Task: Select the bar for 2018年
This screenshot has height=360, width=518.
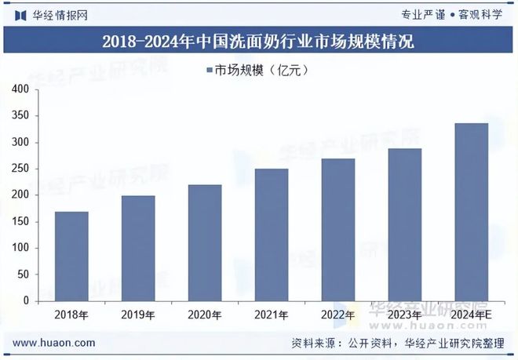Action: pos(71,256)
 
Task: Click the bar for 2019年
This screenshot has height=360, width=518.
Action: pos(138,248)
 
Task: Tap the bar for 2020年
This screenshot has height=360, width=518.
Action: pos(205,242)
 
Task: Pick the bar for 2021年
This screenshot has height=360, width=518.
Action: pos(272,235)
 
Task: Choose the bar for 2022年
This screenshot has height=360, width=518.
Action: pos(338,229)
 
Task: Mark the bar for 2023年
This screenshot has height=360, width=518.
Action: pos(405,224)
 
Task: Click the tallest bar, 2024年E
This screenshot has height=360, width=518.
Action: pos(472,212)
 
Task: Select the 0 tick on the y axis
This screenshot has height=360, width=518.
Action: pos(26,300)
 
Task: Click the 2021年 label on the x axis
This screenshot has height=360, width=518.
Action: pos(271,315)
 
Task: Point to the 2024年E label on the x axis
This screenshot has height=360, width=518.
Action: pos(472,315)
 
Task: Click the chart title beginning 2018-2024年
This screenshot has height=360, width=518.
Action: pos(258,42)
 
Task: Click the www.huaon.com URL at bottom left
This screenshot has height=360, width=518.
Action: pos(55,344)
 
